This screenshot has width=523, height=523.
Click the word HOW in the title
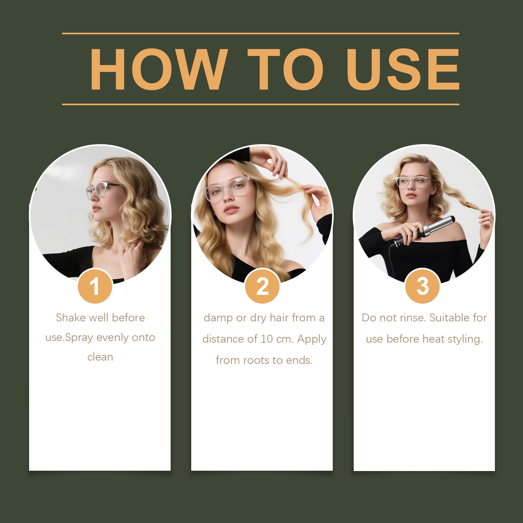tap(159, 69)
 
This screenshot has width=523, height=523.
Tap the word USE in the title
tap(403, 69)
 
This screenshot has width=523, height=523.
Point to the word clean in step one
tap(100, 357)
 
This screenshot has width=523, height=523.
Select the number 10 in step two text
tap(267, 339)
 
